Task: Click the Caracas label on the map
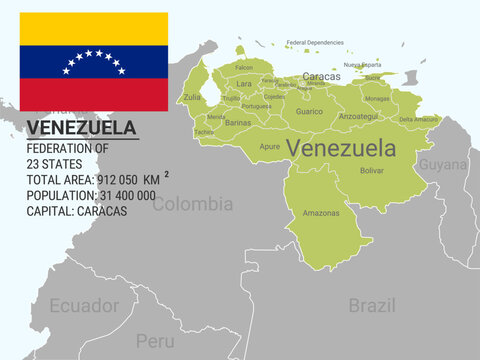[x=321, y=76]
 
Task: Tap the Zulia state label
[x=192, y=97]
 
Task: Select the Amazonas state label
[x=321, y=212]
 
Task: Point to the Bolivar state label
[x=371, y=170]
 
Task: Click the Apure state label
[x=270, y=146]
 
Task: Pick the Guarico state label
[x=309, y=112]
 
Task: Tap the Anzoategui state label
[x=359, y=116]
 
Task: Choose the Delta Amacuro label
[x=419, y=119]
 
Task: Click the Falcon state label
[x=244, y=67]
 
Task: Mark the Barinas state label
[x=238, y=122]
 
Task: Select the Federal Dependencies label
[x=315, y=43]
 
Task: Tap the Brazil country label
[x=372, y=305]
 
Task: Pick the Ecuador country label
[x=85, y=305]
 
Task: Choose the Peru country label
[x=155, y=340]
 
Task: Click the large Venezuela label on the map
[x=341, y=148]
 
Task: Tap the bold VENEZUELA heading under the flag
[x=82, y=128]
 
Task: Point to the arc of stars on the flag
[x=94, y=59]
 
